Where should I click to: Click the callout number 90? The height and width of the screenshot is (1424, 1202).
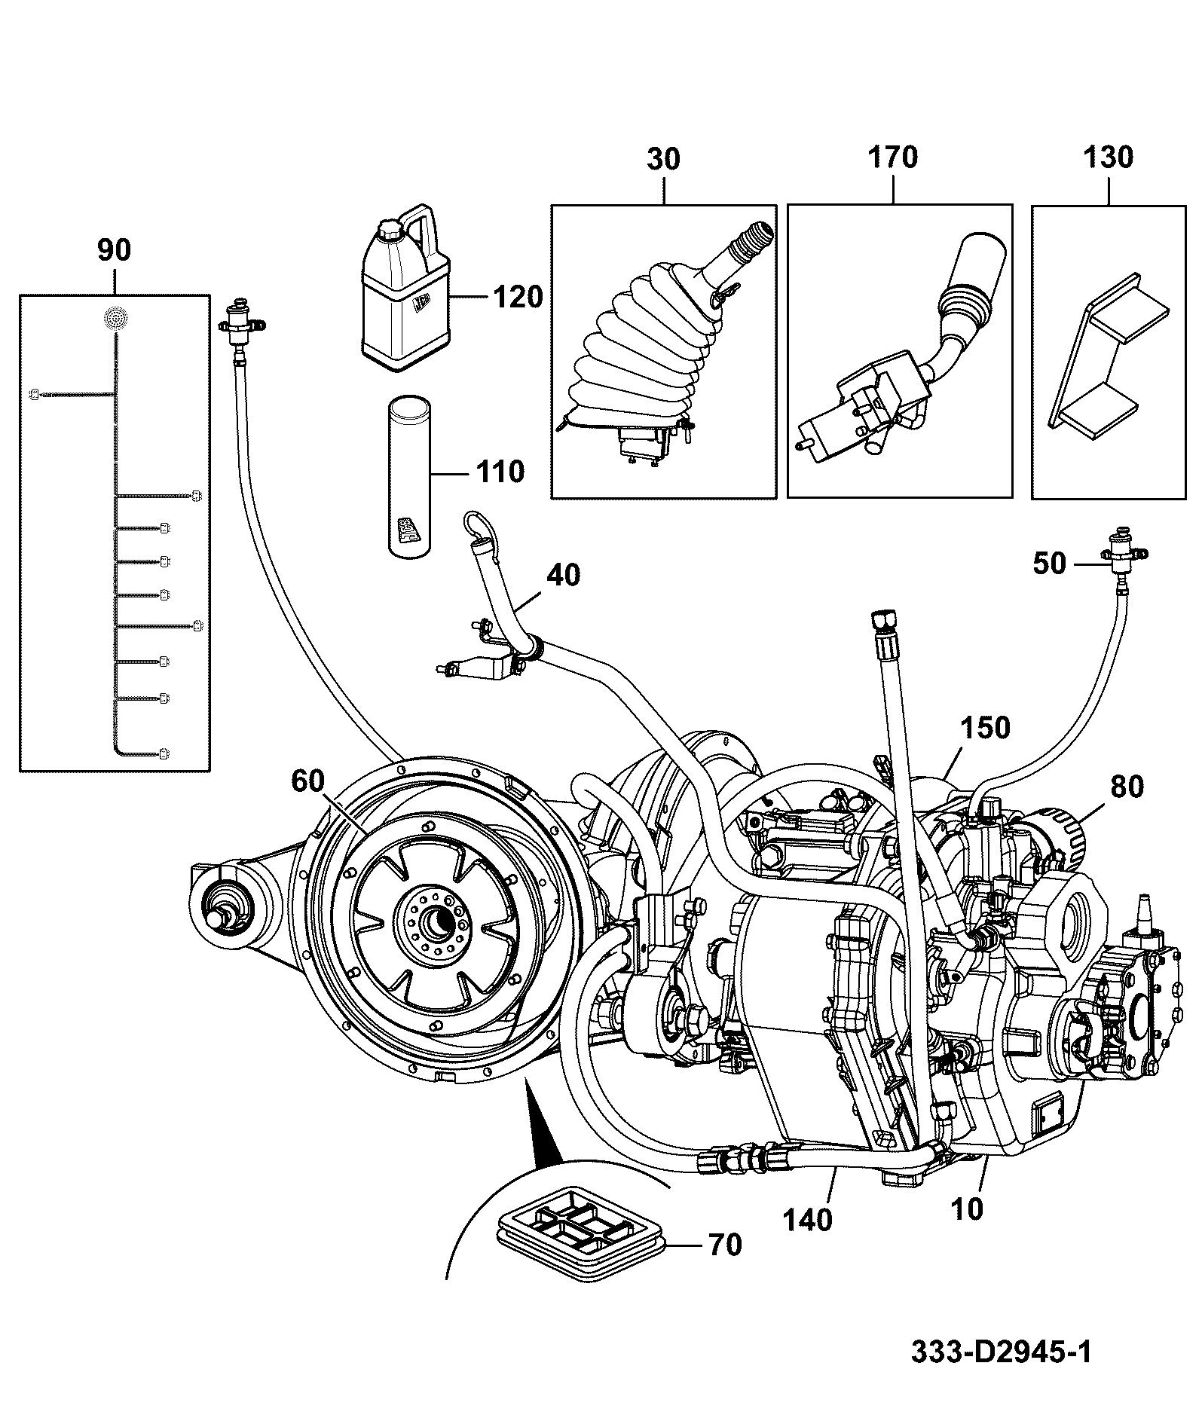tap(114, 250)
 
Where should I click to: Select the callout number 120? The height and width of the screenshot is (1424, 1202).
tap(518, 297)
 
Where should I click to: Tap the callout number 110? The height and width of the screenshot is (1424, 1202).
tap(500, 472)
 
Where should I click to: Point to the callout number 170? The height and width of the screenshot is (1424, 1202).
tap(893, 157)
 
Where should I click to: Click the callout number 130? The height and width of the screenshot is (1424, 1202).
tap(1109, 157)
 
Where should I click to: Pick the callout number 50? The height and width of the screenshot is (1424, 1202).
tap(1050, 564)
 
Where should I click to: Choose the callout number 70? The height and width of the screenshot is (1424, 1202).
tap(725, 1245)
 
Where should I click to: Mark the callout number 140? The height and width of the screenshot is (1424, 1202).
tap(807, 1220)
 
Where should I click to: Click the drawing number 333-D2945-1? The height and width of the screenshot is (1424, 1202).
tap(1001, 1351)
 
